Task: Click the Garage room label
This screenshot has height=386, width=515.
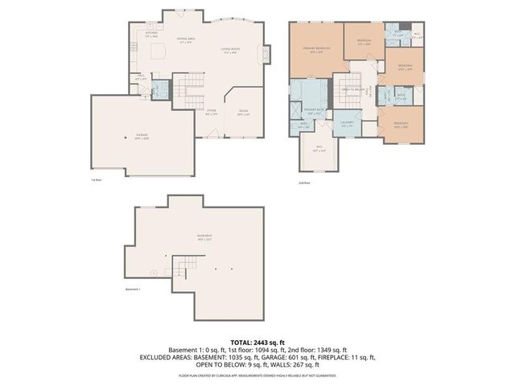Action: coord(142,138)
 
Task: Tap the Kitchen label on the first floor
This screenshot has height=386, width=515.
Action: coord(151,35)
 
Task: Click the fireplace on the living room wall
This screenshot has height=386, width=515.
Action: coord(260,53)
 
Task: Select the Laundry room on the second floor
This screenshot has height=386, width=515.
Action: coord(348,125)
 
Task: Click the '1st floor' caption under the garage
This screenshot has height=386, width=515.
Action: coord(96,180)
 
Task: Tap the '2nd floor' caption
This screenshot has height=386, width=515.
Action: coord(303,183)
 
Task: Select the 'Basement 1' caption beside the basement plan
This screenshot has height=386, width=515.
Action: coord(134,289)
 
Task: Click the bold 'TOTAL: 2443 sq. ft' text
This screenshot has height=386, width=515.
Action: coord(257,342)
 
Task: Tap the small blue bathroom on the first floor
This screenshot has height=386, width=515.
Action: coord(161,89)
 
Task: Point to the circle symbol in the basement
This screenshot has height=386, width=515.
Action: coord(164,256)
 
